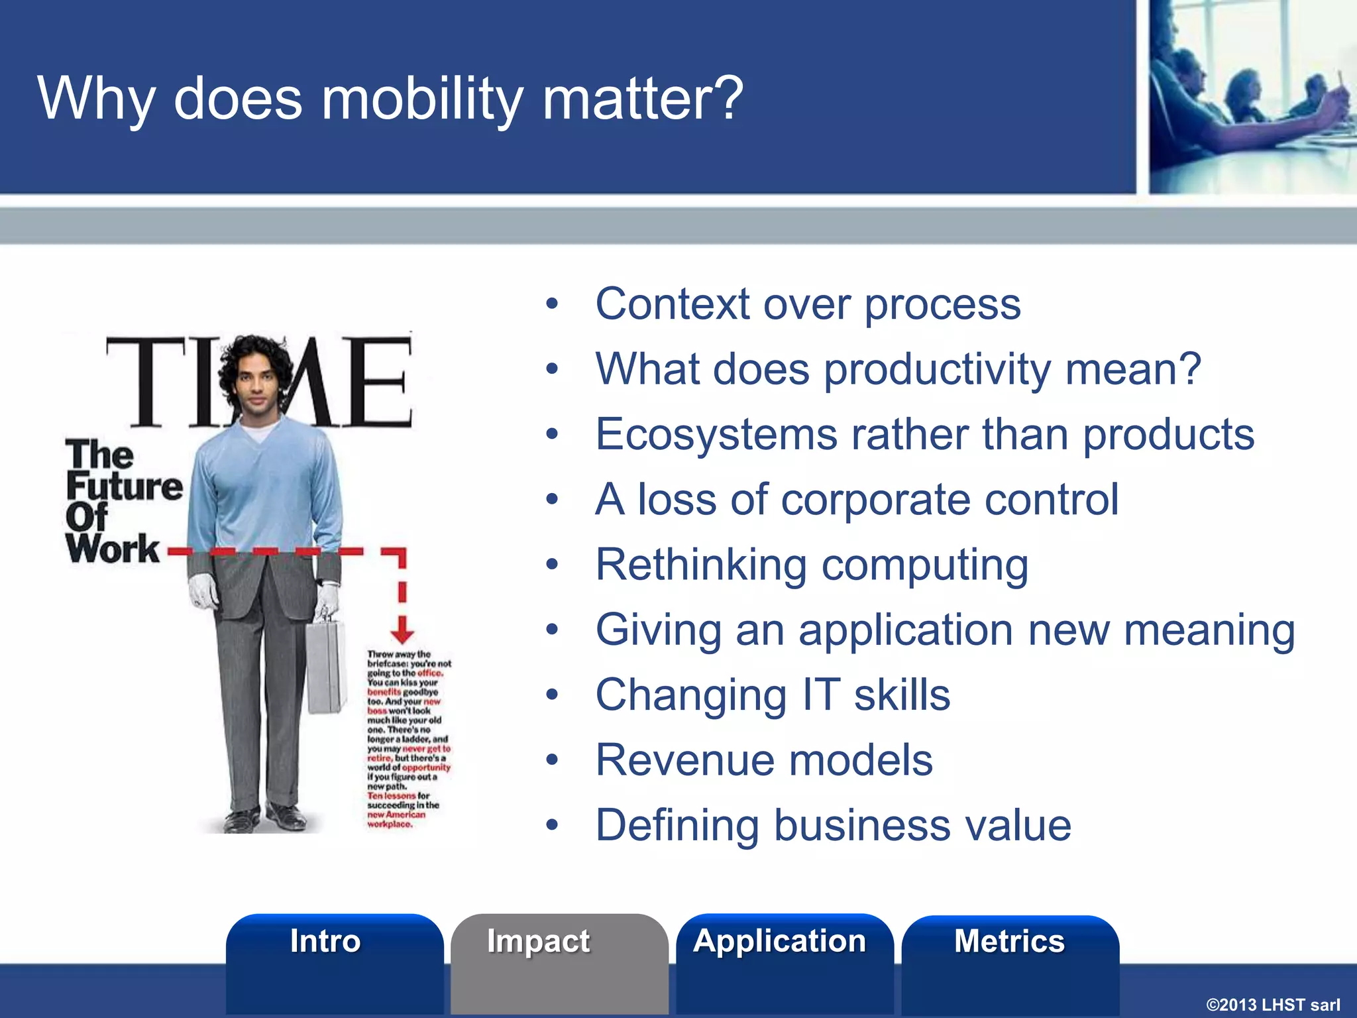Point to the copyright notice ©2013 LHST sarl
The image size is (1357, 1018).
1272,1005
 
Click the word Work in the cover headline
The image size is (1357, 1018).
113,549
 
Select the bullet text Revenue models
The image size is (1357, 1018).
764,760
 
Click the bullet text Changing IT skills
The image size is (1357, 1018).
773,695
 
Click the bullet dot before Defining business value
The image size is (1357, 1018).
552,826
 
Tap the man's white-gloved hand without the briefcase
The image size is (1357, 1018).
203,590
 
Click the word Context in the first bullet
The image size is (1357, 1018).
672,304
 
